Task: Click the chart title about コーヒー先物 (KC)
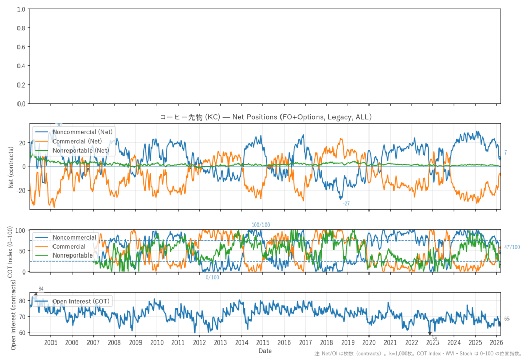265,117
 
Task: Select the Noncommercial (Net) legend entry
83,132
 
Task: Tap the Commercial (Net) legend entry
77,141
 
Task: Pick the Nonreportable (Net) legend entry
81,150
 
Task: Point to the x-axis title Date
265,351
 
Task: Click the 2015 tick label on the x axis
262,342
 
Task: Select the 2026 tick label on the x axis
497,342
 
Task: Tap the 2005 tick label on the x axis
50,342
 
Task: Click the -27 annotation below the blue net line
346,204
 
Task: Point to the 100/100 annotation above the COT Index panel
260,225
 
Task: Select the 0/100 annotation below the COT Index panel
213,278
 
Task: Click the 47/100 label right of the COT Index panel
512,247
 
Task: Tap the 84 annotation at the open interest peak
41,289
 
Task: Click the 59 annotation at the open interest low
435,339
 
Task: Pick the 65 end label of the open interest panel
507,319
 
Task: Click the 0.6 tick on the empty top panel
21,47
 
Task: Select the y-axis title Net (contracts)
11,166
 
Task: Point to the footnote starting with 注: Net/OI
419,354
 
